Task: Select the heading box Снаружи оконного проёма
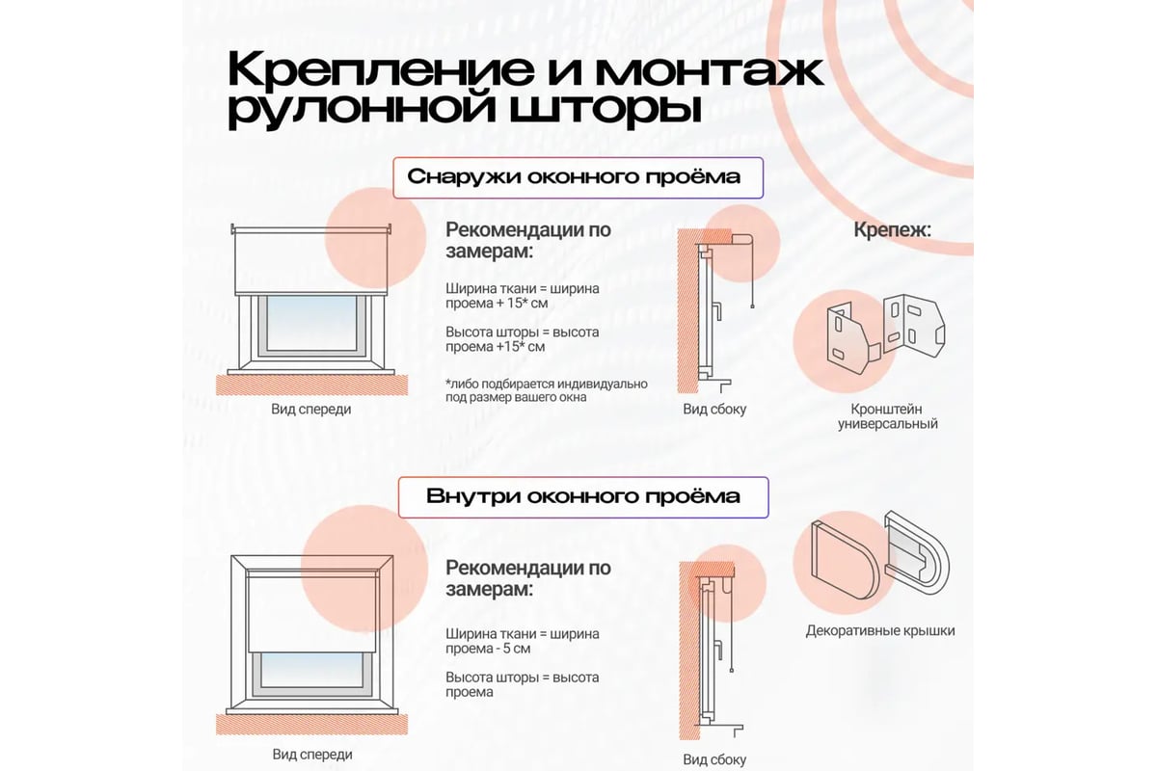(x=578, y=177)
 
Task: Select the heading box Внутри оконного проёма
(x=583, y=497)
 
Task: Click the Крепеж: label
(x=892, y=229)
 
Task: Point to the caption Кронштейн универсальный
(x=887, y=416)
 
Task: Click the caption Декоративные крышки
(x=880, y=630)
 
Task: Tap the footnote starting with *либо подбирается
(x=547, y=391)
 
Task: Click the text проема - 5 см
(x=488, y=649)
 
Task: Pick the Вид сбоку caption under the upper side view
(x=714, y=410)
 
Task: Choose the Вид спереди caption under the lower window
(x=312, y=755)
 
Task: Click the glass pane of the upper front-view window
(x=311, y=323)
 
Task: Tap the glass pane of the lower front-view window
(x=312, y=670)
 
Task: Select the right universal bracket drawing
(x=914, y=326)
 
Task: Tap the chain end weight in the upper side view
(x=753, y=306)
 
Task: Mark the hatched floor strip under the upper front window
(x=311, y=385)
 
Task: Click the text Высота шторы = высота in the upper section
(x=523, y=332)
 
